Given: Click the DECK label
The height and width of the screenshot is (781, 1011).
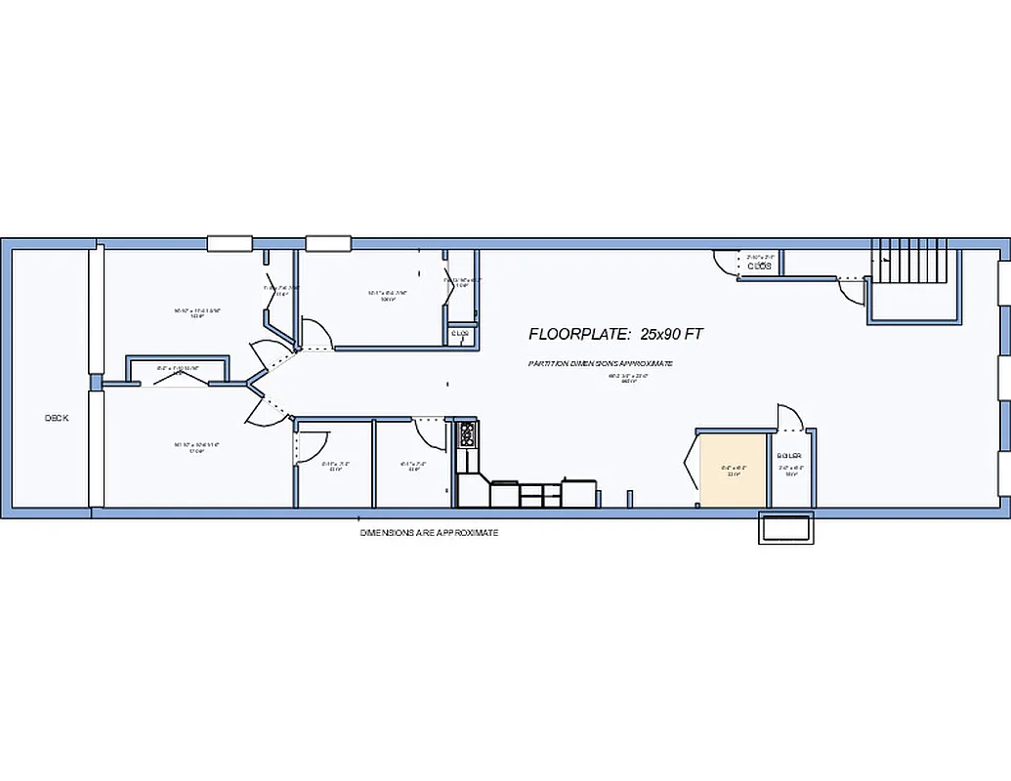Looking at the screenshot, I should click(57, 418).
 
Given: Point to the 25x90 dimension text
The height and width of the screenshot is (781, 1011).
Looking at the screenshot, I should click(672, 334).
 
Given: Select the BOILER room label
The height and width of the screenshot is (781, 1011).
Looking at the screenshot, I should click(789, 456).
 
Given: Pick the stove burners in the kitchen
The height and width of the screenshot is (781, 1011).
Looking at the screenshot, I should click(467, 432).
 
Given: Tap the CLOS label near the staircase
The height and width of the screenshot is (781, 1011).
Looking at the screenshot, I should click(760, 266).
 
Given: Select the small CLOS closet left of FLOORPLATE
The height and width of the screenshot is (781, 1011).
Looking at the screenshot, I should click(460, 334).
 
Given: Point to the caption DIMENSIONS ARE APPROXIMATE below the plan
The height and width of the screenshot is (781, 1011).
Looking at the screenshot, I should click(429, 533).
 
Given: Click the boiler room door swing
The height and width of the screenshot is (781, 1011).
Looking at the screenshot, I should click(789, 418).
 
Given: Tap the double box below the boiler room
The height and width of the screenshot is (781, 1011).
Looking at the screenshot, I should click(785, 528).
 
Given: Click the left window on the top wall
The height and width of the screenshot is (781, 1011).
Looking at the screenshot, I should click(231, 243).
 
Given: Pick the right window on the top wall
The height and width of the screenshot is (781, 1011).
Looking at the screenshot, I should click(327, 243).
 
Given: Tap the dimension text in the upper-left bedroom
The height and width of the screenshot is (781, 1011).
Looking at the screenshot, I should click(197, 312).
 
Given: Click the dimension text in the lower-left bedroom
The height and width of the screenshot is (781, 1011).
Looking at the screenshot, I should click(196, 447).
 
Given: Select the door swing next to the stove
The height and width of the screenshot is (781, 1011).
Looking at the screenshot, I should click(431, 431).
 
